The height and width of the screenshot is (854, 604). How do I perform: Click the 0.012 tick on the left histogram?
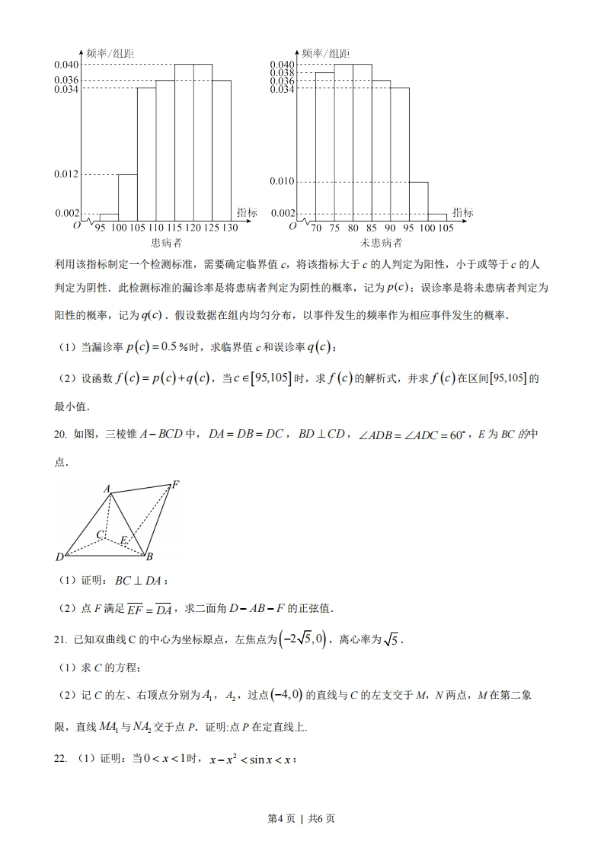click(66, 174)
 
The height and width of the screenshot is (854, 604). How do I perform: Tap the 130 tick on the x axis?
click(230, 228)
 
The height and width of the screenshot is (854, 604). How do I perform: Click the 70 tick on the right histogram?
click(315, 228)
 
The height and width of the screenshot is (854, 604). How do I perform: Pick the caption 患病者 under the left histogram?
click(166, 244)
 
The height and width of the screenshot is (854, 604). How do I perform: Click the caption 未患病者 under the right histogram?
click(381, 244)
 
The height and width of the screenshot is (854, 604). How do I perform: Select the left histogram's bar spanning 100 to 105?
click(127, 196)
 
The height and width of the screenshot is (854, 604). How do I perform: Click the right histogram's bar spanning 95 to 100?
click(418, 200)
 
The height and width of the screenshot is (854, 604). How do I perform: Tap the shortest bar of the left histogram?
click(109, 216)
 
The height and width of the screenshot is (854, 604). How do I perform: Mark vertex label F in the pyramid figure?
click(175, 483)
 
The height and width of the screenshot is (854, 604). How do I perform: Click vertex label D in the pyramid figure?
click(59, 557)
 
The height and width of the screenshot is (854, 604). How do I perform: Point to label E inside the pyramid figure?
click(123, 540)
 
